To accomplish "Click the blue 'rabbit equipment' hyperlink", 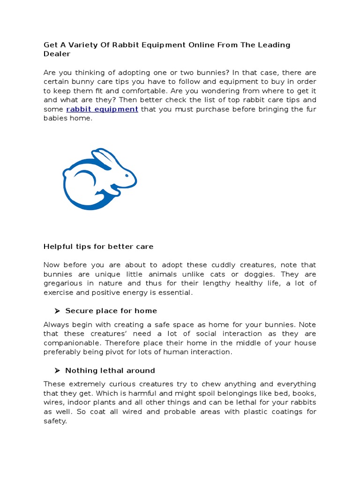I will coord(102,109).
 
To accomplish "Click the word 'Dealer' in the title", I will coord(57,54).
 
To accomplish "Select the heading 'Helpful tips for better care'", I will coord(98,247).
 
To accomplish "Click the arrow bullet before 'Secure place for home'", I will coord(58,311).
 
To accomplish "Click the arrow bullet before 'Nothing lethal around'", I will coord(58,370).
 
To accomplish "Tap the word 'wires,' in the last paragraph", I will coord(54,403).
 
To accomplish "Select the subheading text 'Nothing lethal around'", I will coord(110,370).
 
